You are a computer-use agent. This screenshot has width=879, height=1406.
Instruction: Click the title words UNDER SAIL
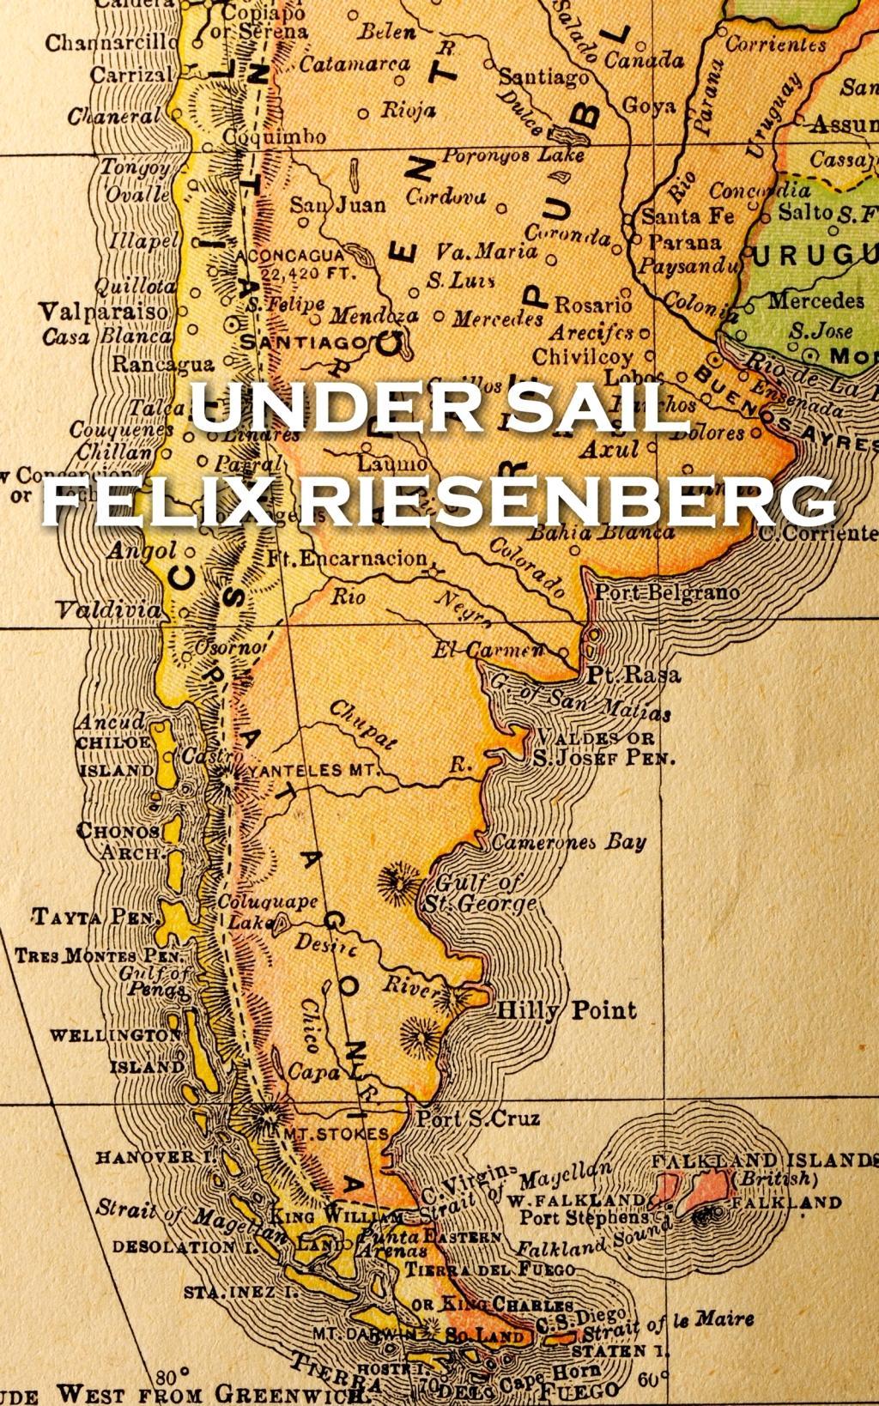click(439, 408)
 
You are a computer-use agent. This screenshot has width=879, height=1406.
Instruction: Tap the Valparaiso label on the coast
click(104, 312)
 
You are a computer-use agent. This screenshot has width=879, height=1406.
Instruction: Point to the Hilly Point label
click(567, 1010)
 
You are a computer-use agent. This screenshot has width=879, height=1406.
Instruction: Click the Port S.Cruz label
click(478, 1118)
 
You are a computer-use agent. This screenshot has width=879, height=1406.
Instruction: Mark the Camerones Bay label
click(568, 842)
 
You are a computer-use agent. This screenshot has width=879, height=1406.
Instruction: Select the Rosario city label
click(592, 305)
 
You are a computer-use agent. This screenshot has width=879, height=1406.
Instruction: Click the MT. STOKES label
click(335, 1134)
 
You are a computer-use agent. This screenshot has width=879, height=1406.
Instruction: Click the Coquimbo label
click(274, 136)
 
